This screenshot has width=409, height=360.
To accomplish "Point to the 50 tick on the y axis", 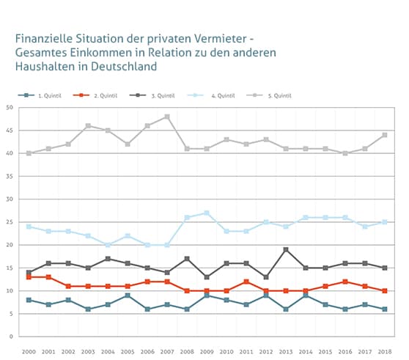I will click(10, 108).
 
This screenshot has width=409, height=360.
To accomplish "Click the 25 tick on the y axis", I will click(10, 222).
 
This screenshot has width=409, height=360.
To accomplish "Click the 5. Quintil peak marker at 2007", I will click(167, 117).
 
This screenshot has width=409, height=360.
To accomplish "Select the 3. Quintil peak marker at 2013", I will click(285, 249).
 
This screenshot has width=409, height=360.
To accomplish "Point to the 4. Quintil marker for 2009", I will click(206, 213).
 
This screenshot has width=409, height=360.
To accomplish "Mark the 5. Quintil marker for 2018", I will click(384, 135).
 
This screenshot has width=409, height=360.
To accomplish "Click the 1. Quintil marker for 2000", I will click(29, 300).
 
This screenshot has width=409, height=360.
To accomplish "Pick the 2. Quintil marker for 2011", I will click(246, 282).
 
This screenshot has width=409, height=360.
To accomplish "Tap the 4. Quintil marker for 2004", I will click(108, 245).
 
